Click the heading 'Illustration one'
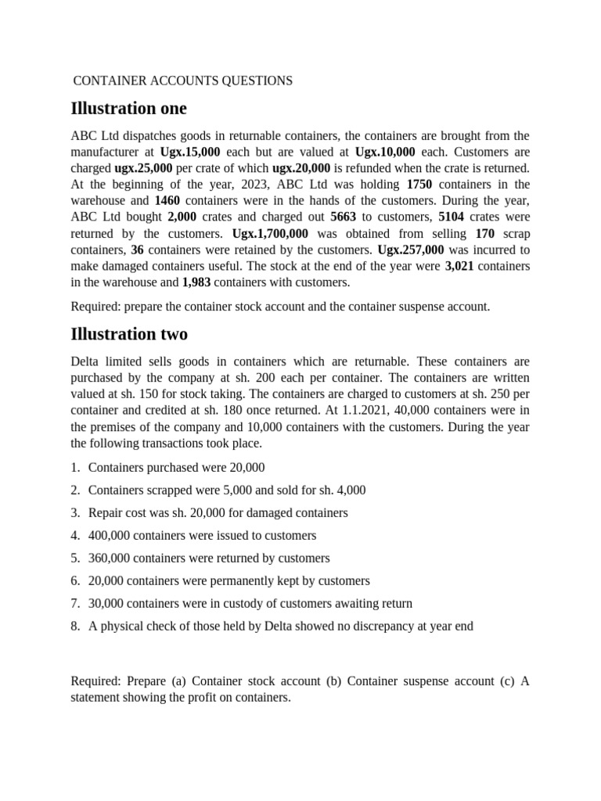(128, 108)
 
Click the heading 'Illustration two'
(129, 334)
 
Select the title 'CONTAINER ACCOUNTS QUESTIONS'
(182, 81)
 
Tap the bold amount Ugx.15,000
(190, 152)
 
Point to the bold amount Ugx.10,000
(385, 152)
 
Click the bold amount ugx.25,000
(143, 168)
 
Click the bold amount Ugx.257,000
(411, 250)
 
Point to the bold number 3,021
(459, 267)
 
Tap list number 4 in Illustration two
(74, 536)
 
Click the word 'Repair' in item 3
(106, 513)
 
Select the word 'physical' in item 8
(121, 626)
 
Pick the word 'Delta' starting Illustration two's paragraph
(86, 362)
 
